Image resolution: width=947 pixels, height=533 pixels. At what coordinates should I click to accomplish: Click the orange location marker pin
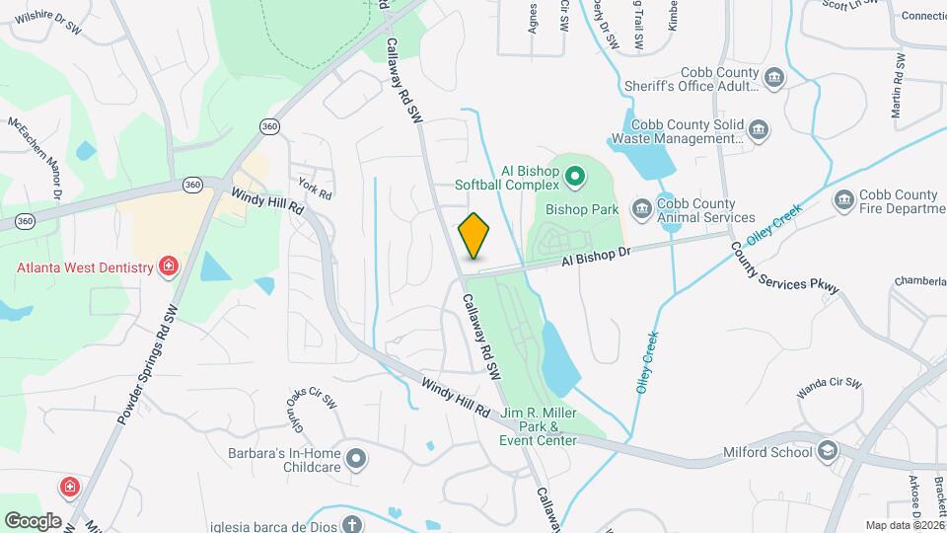(x=474, y=235)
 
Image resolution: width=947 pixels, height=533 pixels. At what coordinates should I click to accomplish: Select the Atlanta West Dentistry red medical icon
(x=170, y=267)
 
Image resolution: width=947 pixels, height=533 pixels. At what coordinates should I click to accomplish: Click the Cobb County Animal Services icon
(x=641, y=206)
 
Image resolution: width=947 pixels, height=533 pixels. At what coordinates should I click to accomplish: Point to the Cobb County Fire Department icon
(x=843, y=201)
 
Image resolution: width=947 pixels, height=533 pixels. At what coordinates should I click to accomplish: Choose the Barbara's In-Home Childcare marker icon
(x=357, y=458)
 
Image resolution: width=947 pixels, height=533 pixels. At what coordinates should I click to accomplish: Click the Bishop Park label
(x=582, y=209)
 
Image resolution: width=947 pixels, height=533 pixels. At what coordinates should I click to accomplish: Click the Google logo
(x=33, y=520)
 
